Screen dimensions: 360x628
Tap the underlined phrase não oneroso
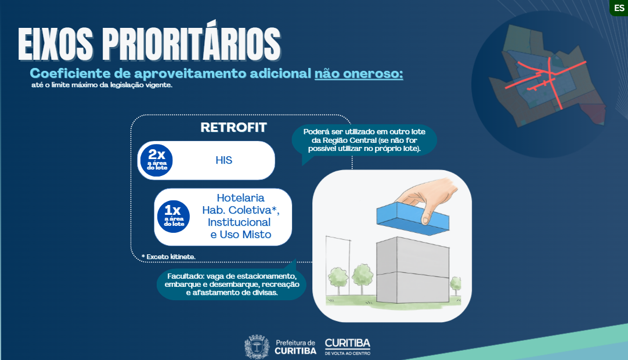point(359,74)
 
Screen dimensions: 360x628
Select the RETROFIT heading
point(233,128)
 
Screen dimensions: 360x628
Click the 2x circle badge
point(156,160)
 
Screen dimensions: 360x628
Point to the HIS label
point(223,160)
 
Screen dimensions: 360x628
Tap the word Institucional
point(239,222)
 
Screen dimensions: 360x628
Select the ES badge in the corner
point(618,8)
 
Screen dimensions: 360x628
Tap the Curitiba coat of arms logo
point(257,347)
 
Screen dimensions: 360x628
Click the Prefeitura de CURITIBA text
point(295,347)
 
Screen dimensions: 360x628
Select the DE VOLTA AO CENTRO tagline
point(347,353)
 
